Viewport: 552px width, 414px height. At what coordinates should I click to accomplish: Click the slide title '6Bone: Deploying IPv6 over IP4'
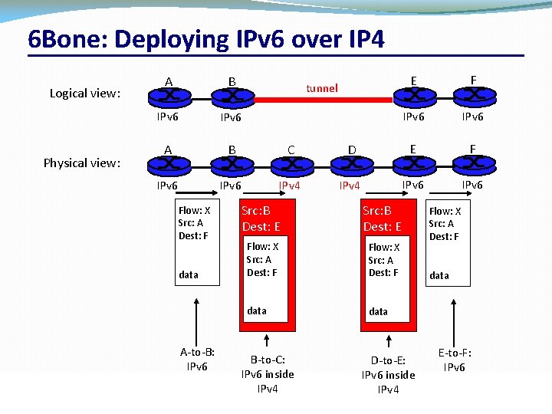[x=205, y=39]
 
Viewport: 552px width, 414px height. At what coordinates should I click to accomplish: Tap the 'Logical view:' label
[x=85, y=94]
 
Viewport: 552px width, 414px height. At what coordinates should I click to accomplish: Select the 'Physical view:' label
[x=82, y=163]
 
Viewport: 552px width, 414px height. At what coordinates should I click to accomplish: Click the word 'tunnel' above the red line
[x=322, y=88]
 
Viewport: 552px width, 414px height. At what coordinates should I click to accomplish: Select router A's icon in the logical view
[x=168, y=96]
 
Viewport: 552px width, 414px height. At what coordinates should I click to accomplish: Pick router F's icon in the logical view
[x=474, y=95]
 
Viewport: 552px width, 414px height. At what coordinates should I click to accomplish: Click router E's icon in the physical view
[x=413, y=164]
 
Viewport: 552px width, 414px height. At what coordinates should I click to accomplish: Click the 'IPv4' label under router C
[x=289, y=186]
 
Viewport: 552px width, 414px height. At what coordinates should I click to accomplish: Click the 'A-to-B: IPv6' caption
[x=197, y=359]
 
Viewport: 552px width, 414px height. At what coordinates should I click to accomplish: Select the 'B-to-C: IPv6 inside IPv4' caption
[x=268, y=373]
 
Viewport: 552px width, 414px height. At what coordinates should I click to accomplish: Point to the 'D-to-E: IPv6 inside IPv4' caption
[x=388, y=374]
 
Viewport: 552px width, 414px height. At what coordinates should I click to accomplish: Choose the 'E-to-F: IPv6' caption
[x=455, y=360]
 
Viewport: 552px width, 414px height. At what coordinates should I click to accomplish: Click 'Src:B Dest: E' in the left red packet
[x=261, y=219]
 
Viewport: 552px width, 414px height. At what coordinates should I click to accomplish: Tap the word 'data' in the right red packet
[x=378, y=311]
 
